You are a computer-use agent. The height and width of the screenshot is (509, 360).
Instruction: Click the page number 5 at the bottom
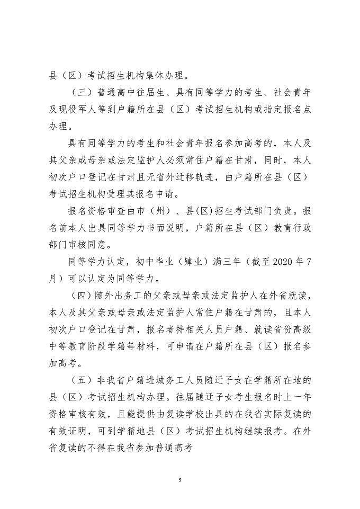click(x=180, y=480)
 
